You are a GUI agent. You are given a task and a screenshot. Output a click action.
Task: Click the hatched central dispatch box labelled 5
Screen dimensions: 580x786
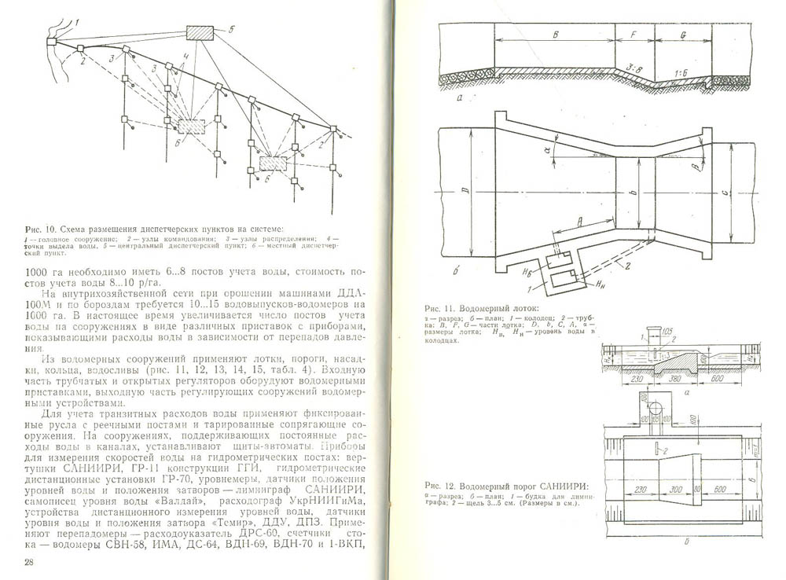(x=200, y=34)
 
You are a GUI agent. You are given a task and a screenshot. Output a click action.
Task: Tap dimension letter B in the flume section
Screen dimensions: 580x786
(x=555, y=35)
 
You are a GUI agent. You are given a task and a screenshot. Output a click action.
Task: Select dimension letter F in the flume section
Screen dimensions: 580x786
(x=634, y=35)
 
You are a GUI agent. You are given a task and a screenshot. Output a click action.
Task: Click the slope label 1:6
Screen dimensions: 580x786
(x=682, y=72)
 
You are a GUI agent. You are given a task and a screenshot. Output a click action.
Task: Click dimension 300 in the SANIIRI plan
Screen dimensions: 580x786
(x=676, y=489)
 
